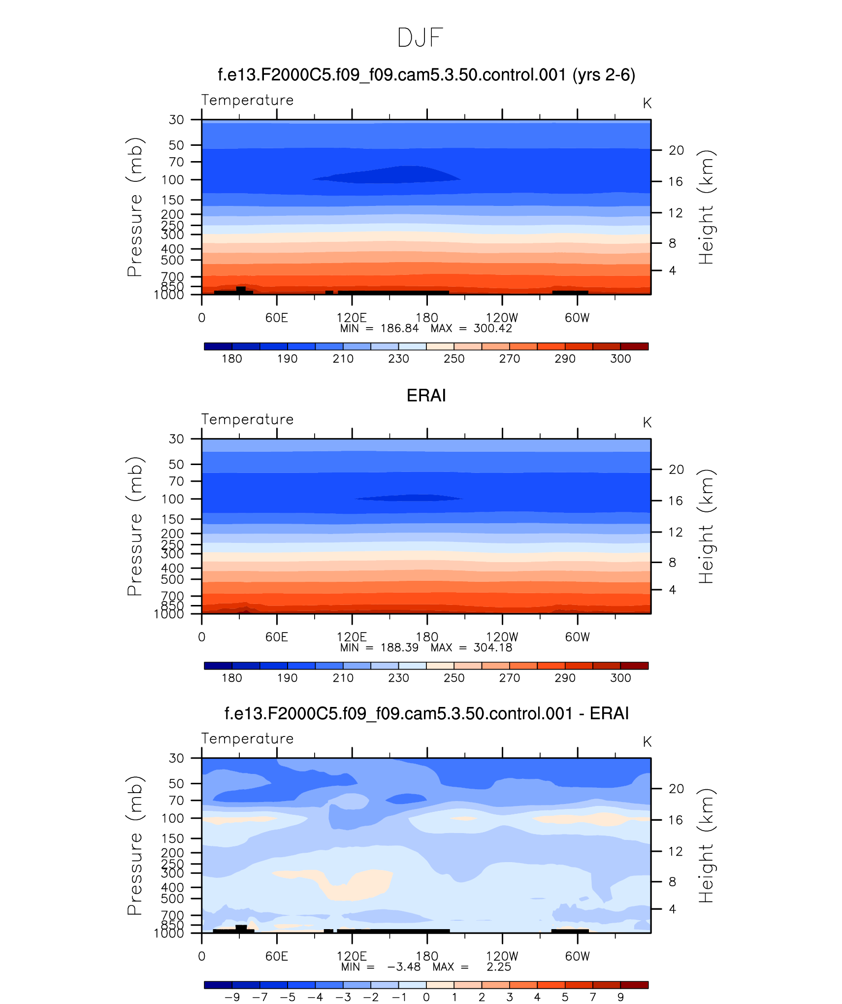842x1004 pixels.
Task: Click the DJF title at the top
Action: click(x=420, y=38)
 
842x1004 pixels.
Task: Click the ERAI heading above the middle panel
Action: click(x=426, y=396)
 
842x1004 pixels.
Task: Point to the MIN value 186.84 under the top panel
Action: click(x=399, y=329)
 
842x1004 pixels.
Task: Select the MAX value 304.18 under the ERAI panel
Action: click(x=492, y=648)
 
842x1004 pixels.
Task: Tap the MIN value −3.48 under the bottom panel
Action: click(x=403, y=967)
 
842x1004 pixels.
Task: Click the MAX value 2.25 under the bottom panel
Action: click(x=499, y=967)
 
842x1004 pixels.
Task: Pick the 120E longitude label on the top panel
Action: click(x=352, y=318)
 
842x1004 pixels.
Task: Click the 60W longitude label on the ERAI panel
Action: click(x=577, y=637)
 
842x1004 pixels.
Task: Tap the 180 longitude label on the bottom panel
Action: click(x=427, y=956)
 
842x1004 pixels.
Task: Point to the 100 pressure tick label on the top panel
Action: click(x=172, y=180)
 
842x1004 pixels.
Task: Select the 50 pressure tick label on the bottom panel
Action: click(x=176, y=784)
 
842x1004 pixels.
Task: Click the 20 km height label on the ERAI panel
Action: click(x=676, y=469)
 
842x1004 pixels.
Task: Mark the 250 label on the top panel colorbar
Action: click(x=453, y=359)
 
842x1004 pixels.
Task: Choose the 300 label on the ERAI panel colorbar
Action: click(x=620, y=678)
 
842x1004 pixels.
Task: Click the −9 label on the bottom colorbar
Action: click(x=232, y=997)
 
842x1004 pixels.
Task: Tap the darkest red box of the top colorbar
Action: click(x=634, y=346)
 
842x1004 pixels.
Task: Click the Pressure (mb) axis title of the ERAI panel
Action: click(x=134, y=526)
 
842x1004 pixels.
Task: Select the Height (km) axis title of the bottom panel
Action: click(x=706, y=845)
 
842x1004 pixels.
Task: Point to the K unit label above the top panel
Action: click(x=647, y=103)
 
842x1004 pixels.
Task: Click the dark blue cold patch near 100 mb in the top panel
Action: click(x=394, y=175)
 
